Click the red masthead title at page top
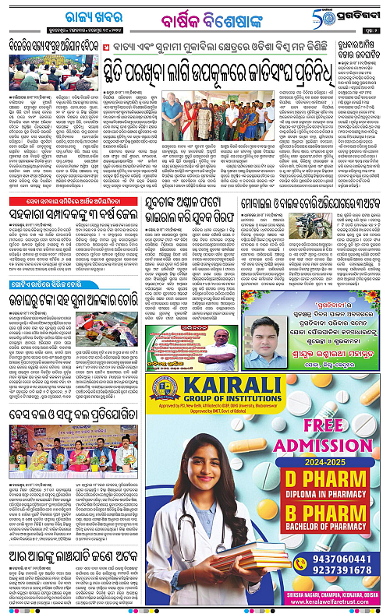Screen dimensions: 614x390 click(194, 16)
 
